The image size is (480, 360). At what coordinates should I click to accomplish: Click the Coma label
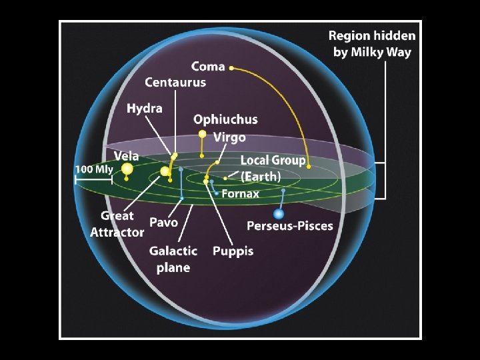(x=207, y=67)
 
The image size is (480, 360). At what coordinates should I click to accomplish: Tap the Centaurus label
(x=175, y=83)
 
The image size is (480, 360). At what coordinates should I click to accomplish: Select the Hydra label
(x=145, y=108)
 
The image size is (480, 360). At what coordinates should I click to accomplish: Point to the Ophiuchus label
(x=225, y=120)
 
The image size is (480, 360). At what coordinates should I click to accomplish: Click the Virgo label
(x=229, y=137)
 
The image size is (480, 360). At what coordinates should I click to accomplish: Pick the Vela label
(x=127, y=156)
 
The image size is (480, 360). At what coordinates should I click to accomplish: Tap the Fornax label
(x=240, y=194)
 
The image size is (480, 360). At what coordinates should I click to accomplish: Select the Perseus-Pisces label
(x=289, y=226)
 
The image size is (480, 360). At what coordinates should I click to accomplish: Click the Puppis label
(x=233, y=251)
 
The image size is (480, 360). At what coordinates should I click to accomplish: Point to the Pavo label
(x=163, y=221)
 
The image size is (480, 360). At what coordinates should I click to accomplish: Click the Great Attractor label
(x=117, y=224)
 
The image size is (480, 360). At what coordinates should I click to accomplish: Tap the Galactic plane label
(x=173, y=259)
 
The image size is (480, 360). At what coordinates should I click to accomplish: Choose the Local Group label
(x=273, y=161)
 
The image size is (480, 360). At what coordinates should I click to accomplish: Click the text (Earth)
(x=261, y=177)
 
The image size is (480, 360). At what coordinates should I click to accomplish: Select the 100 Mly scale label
(x=94, y=169)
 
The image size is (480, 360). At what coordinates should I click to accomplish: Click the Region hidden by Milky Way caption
(x=372, y=44)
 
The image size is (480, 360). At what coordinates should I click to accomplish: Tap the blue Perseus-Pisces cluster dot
(x=279, y=214)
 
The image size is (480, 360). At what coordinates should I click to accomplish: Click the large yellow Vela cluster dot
(x=127, y=170)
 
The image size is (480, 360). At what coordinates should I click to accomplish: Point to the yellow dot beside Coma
(x=231, y=67)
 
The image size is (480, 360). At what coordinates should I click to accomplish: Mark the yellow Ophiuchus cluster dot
(x=202, y=134)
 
